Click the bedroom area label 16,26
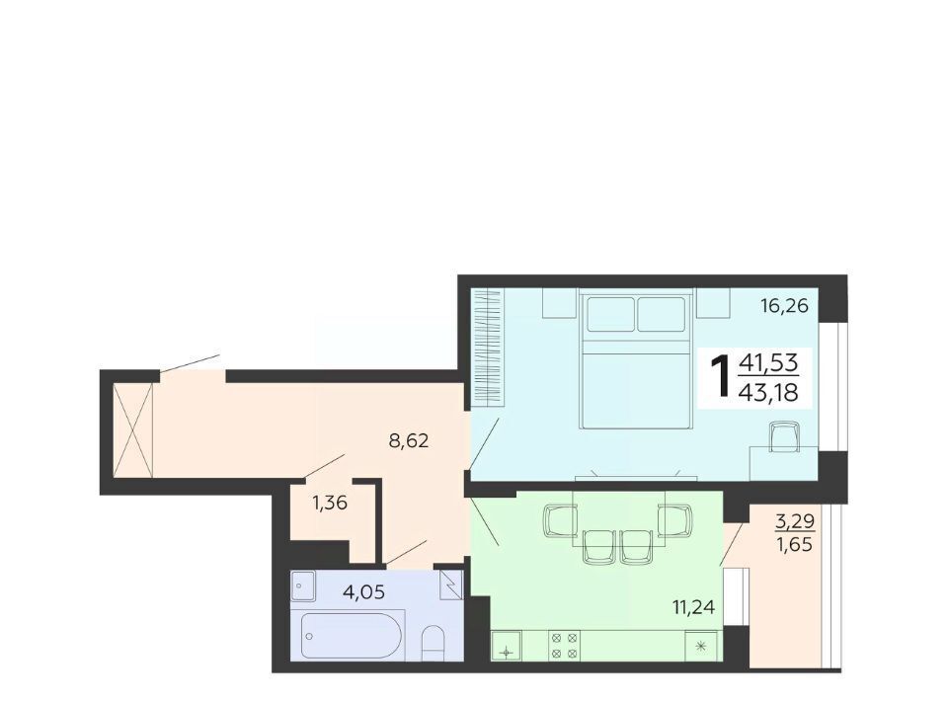pyautogui.click(x=784, y=306)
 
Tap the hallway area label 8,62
pyautogui.click(x=409, y=440)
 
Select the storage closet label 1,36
pyautogui.click(x=330, y=503)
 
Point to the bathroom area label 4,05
pyautogui.click(x=363, y=591)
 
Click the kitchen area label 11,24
pyautogui.click(x=693, y=606)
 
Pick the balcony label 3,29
pyautogui.click(x=795, y=521)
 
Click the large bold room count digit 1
pyautogui.click(x=721, y=377)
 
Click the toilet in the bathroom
pyautogui.click(x=433, y=643)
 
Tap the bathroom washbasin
pyautogui.click(x=303, y=585)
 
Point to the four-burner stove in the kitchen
pyautogui.click(x=564, y=645)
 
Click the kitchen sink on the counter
pyautogui.click(x=507, y=646)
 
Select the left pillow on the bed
pyautogui.click(x=610, y=314)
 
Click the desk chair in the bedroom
pyautogui.click(x=785, y=436)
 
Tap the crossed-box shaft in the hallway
pyautogui.click(x=133, y=430)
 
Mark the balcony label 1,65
pyautogui.click(x=794, y=544)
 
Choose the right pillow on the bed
pyautogui.click(x=662, y=314)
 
